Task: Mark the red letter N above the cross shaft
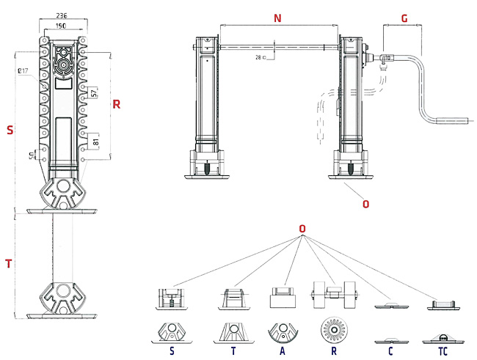coord(277,19)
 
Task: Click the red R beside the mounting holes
coord(115,104)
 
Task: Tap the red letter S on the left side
coord(9,131)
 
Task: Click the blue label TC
coord(443,350)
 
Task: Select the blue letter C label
coord(390,350)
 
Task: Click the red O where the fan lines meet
coord(302,229)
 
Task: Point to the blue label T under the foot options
coord(233,350)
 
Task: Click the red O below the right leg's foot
coord(366,203)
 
